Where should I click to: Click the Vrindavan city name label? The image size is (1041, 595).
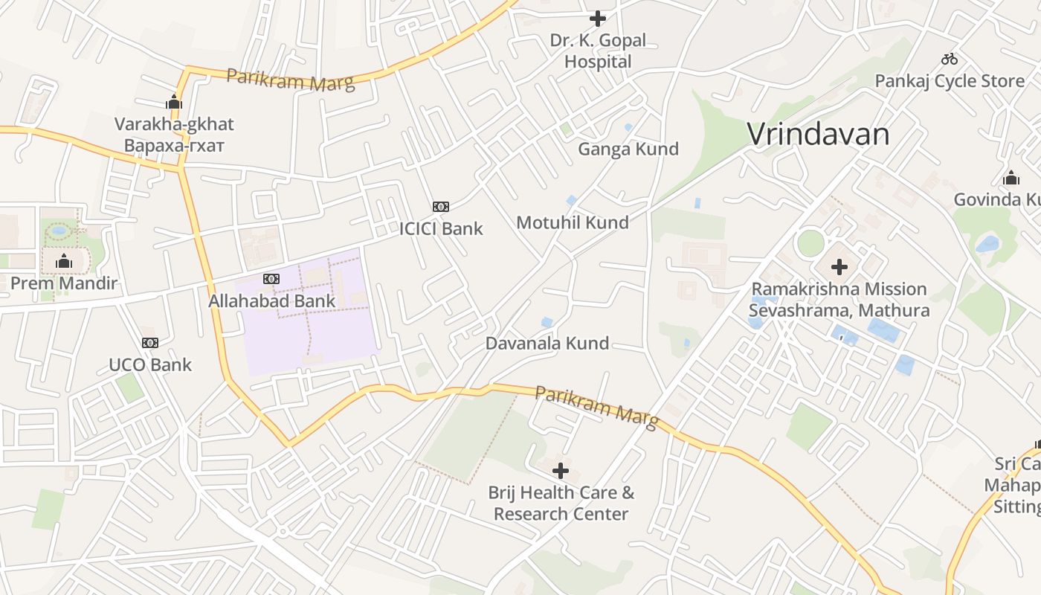pos(818,135)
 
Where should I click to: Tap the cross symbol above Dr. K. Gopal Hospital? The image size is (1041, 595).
pos(598,18)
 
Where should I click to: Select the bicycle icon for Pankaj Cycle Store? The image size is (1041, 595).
pos(950,59)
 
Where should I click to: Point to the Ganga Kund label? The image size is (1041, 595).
pos(628,149)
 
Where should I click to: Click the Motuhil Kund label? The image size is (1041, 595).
pos(572,222)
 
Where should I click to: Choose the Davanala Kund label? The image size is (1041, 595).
pos(547,344)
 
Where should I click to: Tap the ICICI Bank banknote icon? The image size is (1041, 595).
pos(441,206)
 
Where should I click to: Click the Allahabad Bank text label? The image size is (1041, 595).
pos(272,301)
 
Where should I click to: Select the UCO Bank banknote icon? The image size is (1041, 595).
pos(150,343)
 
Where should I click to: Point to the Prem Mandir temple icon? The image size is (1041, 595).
pos(64,261)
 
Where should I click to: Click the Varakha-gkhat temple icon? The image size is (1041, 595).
pos(174,102)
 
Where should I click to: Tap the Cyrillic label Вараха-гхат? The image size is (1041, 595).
pos(174,145)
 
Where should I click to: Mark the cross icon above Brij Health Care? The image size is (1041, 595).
pos(561,470)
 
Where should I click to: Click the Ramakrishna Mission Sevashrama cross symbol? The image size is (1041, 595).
pos(839,266)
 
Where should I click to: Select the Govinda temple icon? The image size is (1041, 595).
pos(1011,178)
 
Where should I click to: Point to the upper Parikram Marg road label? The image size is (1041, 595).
pos(290,79)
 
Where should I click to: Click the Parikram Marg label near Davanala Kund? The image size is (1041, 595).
pos(596,407)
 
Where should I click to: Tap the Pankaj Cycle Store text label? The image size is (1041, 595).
pos(950,81)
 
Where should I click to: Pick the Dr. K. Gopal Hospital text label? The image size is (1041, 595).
pos(598,51)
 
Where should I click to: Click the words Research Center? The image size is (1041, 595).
pos(561,514)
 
